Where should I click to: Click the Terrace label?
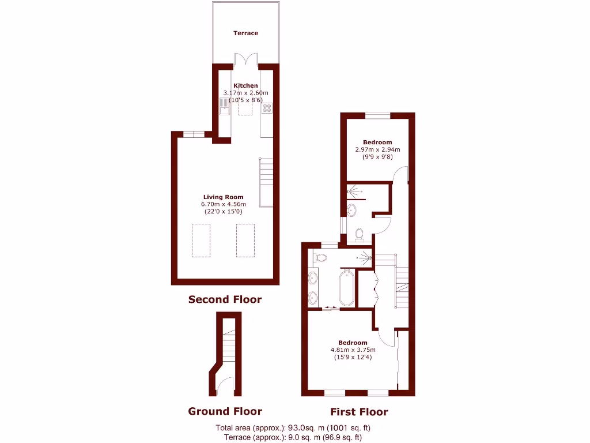(245, 33)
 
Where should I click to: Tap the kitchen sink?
(225, 106)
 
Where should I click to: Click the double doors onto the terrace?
(246, 60)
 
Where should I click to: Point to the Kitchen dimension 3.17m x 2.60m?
(246, 93)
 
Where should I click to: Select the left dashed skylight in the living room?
(201, 240)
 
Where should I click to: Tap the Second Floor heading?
(225, 299)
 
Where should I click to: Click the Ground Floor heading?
(225, 411)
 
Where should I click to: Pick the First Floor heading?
(358, 412)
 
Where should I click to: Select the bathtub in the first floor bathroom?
(347, 288)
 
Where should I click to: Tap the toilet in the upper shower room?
(360, 234)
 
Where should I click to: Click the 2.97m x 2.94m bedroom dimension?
(377, 149)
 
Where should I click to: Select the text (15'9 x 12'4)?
(353, 357)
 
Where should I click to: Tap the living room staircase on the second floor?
(266, 181)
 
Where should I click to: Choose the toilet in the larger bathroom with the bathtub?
(321, 258)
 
